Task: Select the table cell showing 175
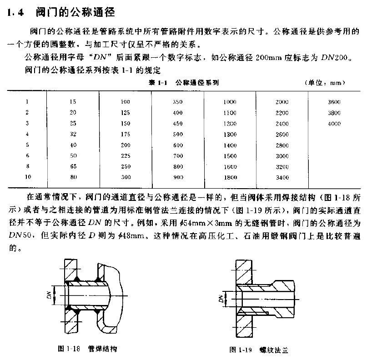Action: [x=126, y=135]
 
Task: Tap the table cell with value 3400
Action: [x=282, y=178]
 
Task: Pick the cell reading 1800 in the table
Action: [x=230, y=178]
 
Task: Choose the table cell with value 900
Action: [x=178, y=178]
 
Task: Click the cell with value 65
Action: [x=73, y=167]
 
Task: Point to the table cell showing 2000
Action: [x=282, y=102]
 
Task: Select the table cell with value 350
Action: [x=178, y=102]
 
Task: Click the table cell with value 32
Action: [x=73, y=135]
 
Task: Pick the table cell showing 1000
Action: [x=230, y=102]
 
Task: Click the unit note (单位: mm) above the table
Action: [x=324, y=83]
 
